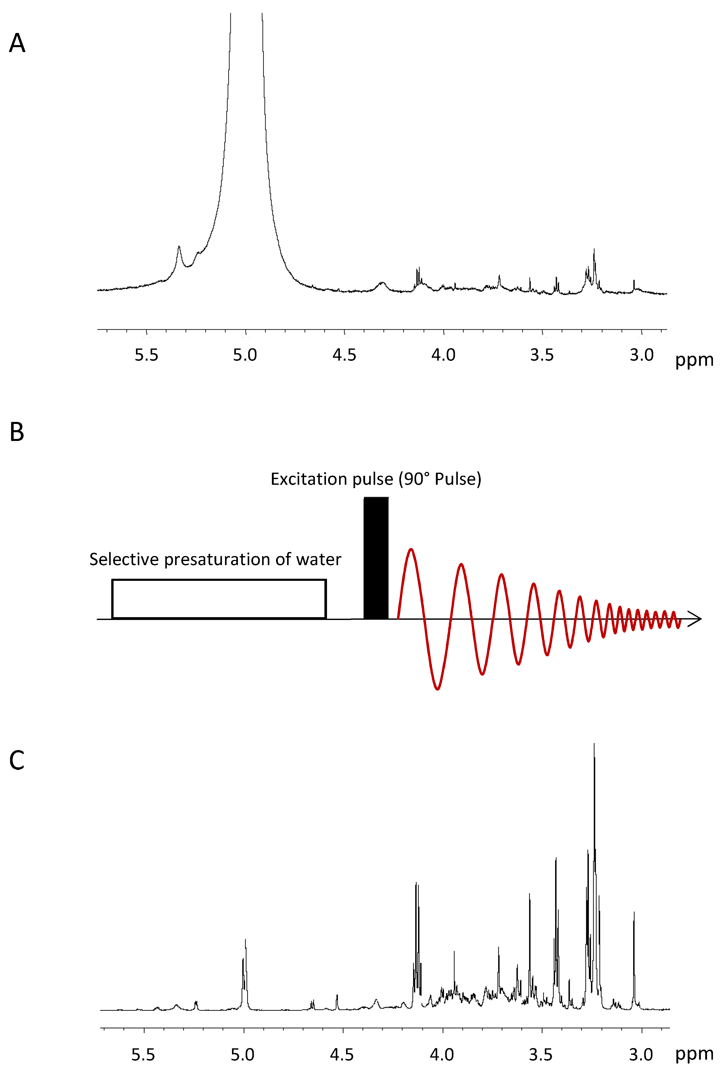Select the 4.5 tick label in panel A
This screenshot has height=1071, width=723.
(x=344, y=355)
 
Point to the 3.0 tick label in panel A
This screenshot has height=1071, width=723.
(x=641, y=355)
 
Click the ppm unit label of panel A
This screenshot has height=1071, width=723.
(x=694, y=360)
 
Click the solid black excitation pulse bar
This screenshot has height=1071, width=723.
(x=376, y=558)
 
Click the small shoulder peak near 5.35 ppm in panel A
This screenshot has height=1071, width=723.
(x=179, y=249)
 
